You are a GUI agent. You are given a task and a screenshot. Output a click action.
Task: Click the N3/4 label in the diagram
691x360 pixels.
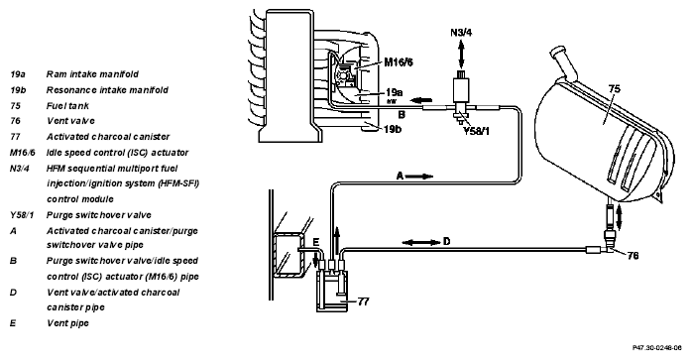point(461,33)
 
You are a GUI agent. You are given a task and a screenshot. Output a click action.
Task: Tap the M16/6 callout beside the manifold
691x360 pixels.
point(399,62)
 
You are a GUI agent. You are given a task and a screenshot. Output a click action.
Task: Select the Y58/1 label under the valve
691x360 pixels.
point(477,131)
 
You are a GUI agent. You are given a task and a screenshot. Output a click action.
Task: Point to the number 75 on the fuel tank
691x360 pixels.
point(615,88)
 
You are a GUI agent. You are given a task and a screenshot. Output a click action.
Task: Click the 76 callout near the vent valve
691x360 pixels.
point(633,256)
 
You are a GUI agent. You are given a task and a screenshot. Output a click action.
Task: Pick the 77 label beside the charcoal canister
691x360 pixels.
point(363,301)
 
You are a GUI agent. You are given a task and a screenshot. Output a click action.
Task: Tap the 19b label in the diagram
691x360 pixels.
point(393,130)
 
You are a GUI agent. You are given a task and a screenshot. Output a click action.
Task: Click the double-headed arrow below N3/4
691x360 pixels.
point(461,54)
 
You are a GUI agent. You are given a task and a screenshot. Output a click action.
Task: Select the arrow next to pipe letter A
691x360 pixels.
point(419,177)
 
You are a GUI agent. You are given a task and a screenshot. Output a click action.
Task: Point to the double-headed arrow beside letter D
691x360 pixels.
point(421,242)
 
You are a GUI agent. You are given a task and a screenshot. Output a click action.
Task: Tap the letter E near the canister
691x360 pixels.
point(315,242)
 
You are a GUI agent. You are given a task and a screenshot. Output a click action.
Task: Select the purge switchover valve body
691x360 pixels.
point(461,91)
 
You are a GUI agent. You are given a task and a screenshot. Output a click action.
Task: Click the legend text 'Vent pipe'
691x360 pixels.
point(67,323)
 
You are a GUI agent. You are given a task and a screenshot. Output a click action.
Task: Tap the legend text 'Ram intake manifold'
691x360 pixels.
point(92,74)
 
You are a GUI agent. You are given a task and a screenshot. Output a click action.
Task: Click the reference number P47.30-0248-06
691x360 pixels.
point(657,348)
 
